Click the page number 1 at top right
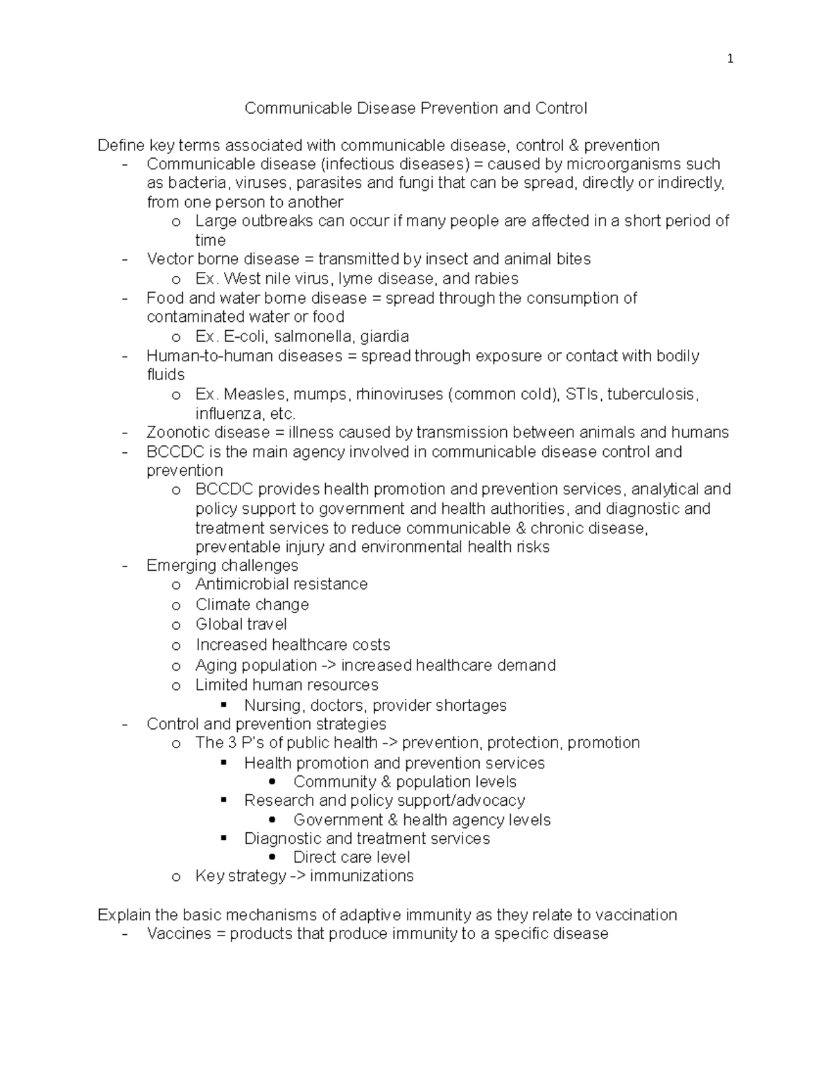[x=729, y=60]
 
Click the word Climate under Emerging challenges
[x=221, y=604]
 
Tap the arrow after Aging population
[x=329, y=666]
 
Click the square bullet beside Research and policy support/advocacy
[x=224, y=800]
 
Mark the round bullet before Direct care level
[x=272, y=857]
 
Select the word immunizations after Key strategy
[x=361, y=876]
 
